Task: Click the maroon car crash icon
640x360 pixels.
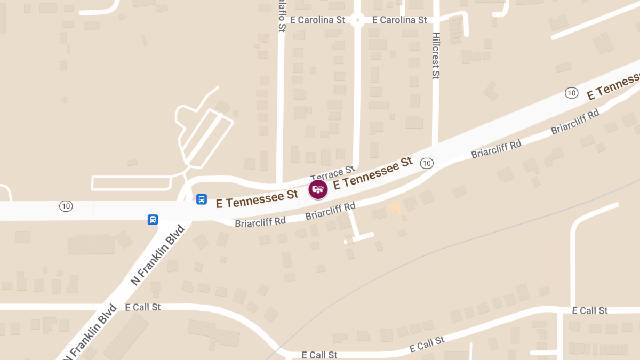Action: pyautogui.click(x=318, y=189)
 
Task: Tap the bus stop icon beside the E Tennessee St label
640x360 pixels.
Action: pyautogui.click(x=202, y=199)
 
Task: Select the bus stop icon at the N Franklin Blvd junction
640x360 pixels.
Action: pyautogui.click(x=153, y=219)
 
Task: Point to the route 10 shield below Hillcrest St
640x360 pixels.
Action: pyautogui.click(x=426, y=163)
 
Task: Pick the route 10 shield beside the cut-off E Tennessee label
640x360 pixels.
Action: pyautogui.click(x=572, y=93)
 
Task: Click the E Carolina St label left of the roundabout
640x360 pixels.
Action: pyautogui.click(x=318, y=20)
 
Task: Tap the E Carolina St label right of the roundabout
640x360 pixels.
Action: pyautogui.click(x=399, y=20)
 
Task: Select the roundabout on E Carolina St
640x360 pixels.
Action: pyautogui.click(x=357, y=21)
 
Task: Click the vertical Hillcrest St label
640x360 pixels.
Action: pyautogui.click(x=436, y=55)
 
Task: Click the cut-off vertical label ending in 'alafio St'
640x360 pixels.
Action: pyautogui.click(x=282, y=16)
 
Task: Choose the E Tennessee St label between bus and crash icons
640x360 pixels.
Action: pyautogui.click(x=257, y=199)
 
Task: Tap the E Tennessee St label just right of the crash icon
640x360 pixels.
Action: pyautogui.click(x=373, y=173)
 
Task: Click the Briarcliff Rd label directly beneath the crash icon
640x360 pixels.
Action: pyautogui.click(x=330, y=211)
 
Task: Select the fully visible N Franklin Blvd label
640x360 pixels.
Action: pyautogui.click(x=158, y=255)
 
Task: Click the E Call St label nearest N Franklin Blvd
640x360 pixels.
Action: pyautogui.click(x=143, y=307)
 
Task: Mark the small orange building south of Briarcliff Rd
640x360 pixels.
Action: pyautogui.click(x=395, y=208)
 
